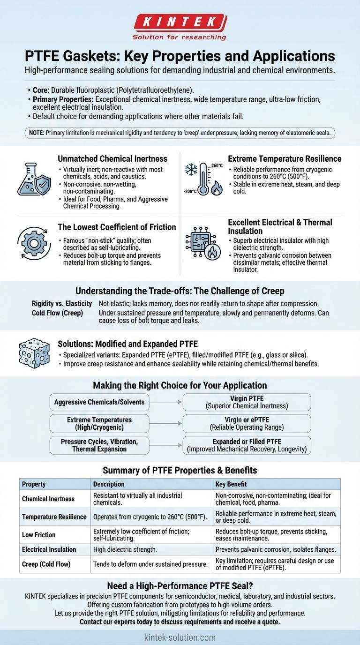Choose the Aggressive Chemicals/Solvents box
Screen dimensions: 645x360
click(x=99, y=402)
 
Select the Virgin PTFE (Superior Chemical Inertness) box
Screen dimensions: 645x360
click(x=247, y=402)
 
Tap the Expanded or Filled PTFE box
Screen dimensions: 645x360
click(x=247, y=445)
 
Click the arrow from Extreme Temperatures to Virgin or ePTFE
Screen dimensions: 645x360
click(x=165, y=423)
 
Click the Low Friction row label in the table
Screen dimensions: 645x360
click(x=39, y=534)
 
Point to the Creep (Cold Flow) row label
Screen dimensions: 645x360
click(x=46, y=564)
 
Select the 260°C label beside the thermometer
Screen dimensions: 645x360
click(x=217, y=165)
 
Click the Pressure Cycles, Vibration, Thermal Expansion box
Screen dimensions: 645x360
click(x=99, y=445)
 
